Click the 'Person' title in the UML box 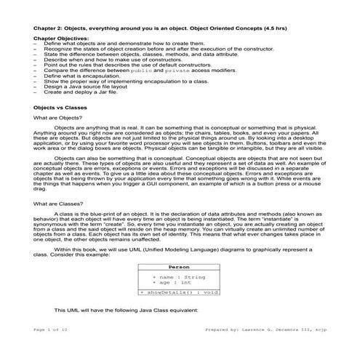click(x=179, y=268)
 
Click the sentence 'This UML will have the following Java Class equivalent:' click(x=131, y=310)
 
